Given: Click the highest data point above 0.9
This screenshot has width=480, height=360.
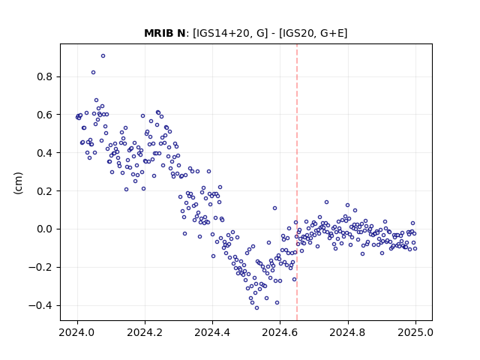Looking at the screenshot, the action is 103,56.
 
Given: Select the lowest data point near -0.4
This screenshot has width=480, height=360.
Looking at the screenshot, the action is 256,308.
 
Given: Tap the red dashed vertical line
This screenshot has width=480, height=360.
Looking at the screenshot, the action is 297,182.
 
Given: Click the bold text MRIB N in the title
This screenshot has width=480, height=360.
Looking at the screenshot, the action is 165,33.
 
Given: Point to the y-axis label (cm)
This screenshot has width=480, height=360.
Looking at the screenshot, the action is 18,183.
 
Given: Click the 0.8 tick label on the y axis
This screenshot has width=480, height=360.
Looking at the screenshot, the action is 45,76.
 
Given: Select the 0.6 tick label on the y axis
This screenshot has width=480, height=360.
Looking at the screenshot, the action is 45,115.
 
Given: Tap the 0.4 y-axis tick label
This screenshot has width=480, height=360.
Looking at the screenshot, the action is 45,153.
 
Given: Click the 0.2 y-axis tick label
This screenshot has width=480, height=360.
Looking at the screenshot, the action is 45,191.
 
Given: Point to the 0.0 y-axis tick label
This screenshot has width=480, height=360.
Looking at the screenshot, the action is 45,229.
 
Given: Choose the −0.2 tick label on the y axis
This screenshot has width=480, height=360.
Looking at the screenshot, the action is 40,267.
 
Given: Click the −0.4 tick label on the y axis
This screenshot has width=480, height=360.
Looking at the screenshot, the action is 40,305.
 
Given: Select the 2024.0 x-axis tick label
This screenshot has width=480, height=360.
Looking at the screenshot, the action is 77,332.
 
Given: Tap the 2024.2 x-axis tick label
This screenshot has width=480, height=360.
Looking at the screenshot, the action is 145,332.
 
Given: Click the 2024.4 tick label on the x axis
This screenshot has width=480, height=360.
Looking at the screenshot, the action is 212,332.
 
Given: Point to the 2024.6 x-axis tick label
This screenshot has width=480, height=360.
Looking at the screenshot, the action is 280,332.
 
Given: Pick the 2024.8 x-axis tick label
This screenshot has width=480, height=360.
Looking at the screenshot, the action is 348,332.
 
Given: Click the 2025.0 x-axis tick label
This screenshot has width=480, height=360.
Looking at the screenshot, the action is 415,332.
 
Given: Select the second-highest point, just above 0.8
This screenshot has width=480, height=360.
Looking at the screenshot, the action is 93,73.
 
